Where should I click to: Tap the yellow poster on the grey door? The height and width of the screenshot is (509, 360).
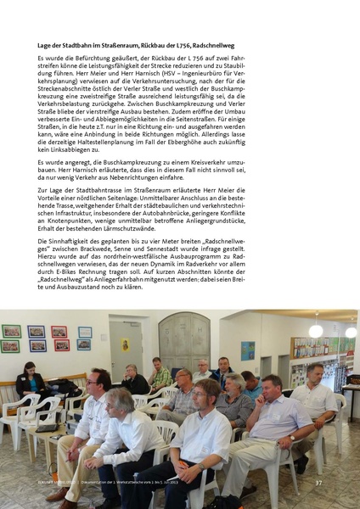tap(124, 345)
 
